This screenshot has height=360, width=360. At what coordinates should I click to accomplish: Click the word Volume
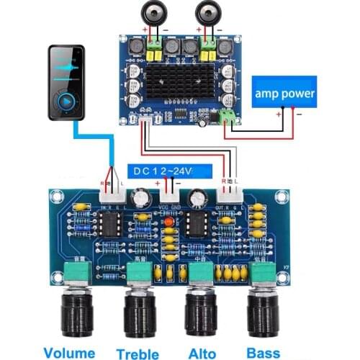pos(68,352)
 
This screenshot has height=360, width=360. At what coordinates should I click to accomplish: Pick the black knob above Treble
pos(139,315)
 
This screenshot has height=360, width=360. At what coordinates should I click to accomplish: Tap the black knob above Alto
pos(203,315)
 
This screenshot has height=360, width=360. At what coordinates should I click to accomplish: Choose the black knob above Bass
pos(264,315)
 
